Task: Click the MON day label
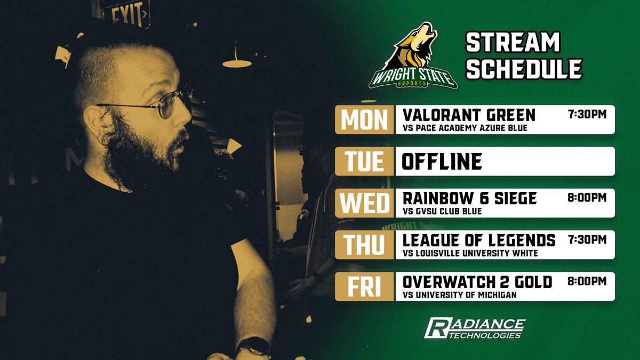pos(365,119)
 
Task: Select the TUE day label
pos(365,161)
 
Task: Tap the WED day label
pos(365,203)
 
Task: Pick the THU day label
pos(365,244)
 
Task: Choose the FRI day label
pos(365,286)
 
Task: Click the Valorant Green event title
pos(469,115)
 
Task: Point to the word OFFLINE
pos(442,161)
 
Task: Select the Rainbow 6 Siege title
pos(469,198)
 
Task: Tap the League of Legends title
pos(479,240)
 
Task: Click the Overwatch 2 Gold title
pos(477,282)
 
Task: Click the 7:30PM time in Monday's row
pos(587,114)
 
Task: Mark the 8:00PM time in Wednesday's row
pos(587,197)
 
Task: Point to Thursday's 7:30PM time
pos(587,239)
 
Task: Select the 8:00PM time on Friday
pos(587,281)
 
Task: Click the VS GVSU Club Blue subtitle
pos(442,211)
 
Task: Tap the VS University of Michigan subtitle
pos(460,295)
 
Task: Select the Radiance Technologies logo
pos(474,328)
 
